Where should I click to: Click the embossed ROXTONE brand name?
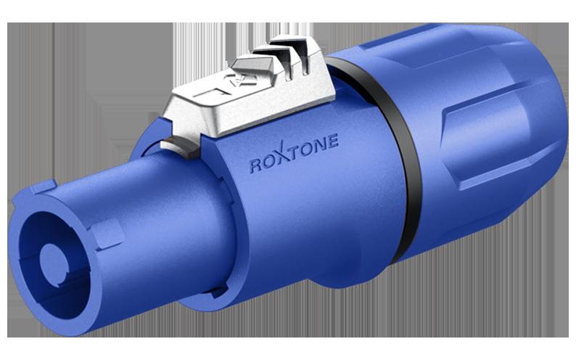point(294,155)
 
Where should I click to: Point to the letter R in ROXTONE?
point(255,166)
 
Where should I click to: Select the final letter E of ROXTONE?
point(332,142)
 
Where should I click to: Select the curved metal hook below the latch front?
point(180,146)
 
